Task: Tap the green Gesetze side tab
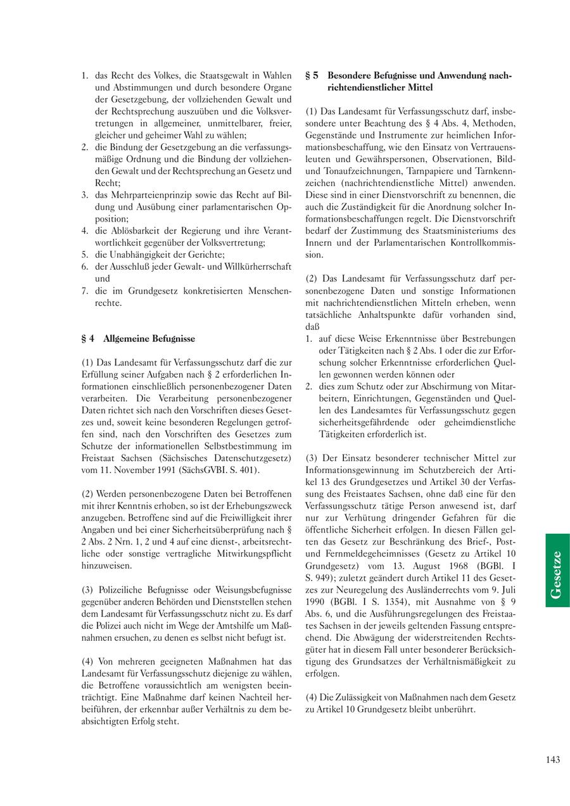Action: point(557,570)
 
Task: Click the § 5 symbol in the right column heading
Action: point(312,75)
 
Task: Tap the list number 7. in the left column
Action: point(85,291)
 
